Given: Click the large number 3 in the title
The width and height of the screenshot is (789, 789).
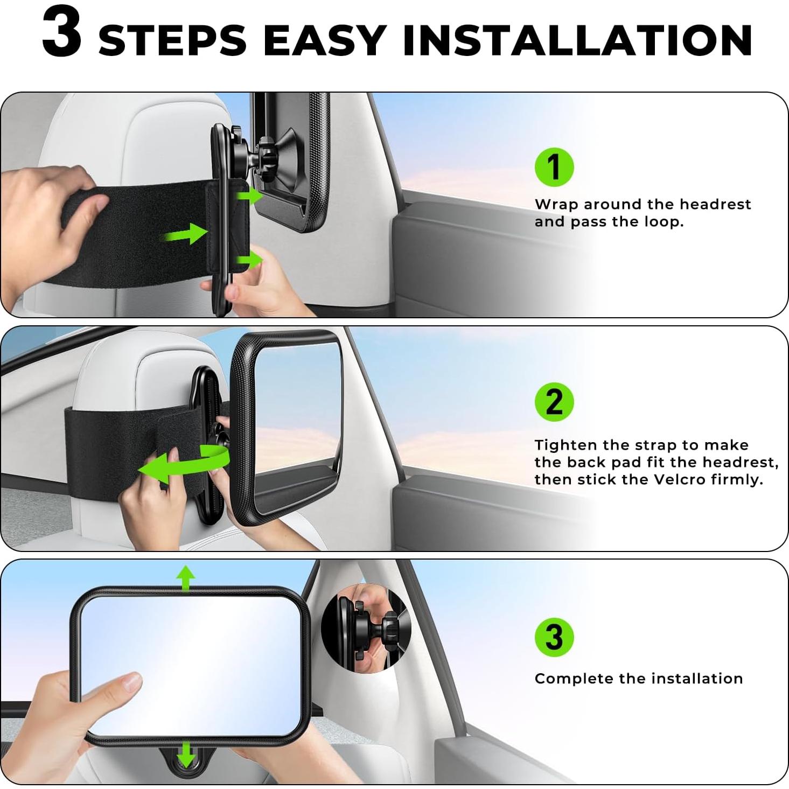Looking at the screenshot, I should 62,33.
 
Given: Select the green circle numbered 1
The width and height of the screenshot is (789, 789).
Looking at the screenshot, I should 554,167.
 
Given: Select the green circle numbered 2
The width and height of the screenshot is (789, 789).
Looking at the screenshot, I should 554,402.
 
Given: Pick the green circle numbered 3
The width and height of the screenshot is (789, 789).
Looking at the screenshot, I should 554,637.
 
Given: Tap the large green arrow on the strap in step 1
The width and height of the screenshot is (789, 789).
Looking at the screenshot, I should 186,234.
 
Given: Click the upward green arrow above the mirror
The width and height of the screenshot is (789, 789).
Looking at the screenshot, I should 186,579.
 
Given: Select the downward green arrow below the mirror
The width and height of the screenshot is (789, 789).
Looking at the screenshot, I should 186,753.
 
